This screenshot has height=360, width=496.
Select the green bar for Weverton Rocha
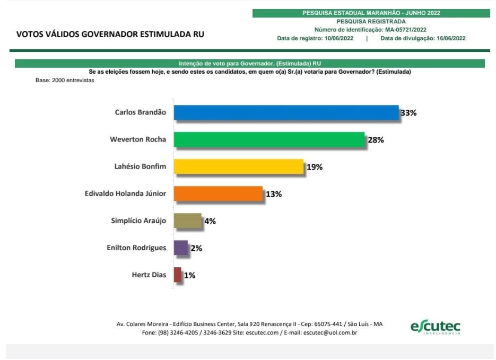coord(269,139)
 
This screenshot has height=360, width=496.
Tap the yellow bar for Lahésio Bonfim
coord(238,166)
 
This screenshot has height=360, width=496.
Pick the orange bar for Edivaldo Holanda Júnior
coord(218,194)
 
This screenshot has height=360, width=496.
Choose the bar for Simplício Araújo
coord(187,221)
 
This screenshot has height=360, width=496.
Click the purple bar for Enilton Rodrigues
coord(180,248)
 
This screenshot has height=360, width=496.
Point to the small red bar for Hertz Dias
coord(177,275)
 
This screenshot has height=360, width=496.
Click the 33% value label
coord(408,113)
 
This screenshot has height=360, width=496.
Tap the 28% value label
coord(375,140)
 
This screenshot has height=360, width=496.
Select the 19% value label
coord(314,167)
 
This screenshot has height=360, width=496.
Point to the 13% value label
coord(274,194)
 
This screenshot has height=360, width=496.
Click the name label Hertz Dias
coord(149,275)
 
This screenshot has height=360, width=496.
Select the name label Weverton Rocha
coord(138,139)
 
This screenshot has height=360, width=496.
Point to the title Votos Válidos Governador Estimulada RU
coord(110,34)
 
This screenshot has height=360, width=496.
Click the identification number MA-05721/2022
coord(406,30)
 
